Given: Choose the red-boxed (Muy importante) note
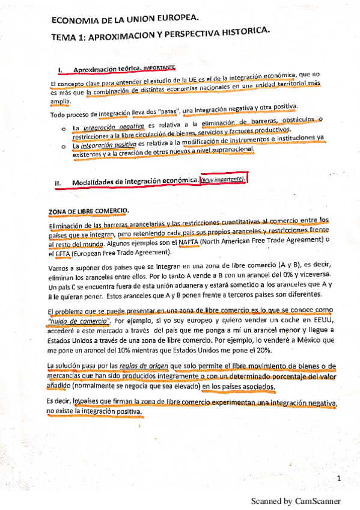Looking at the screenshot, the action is coord(223,180).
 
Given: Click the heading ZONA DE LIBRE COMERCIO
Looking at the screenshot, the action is coord(88,211).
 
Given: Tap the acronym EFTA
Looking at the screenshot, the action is coord(63,253).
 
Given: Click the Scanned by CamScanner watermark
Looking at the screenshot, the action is coord(295,500).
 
